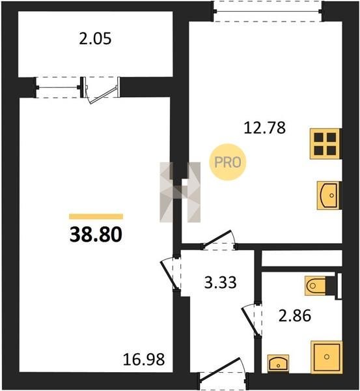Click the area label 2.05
click(95, 39)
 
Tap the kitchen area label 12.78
click(264, 128)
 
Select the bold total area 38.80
click(96, 235)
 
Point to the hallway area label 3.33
click(220, 283)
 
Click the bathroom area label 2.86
click(295, 315)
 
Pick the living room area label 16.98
click(144, 360)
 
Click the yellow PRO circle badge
click(228, 162)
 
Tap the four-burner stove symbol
click(325, 143)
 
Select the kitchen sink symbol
click(329, 195)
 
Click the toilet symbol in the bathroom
click(315, 285)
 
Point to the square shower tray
click(327, 357)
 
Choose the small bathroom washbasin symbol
click(278, 364)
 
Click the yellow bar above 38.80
click(96, 216)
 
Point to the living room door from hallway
click(170, 274)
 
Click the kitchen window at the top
click(268, 11)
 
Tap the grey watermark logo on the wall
click(180, 192)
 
